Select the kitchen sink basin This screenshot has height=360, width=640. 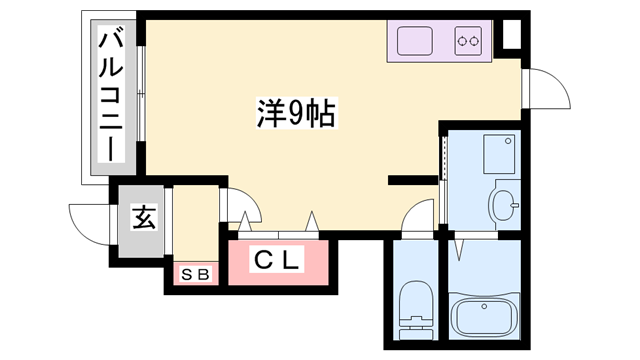416,41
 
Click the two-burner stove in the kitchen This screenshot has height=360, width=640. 469,41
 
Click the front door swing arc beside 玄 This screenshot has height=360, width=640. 88,222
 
